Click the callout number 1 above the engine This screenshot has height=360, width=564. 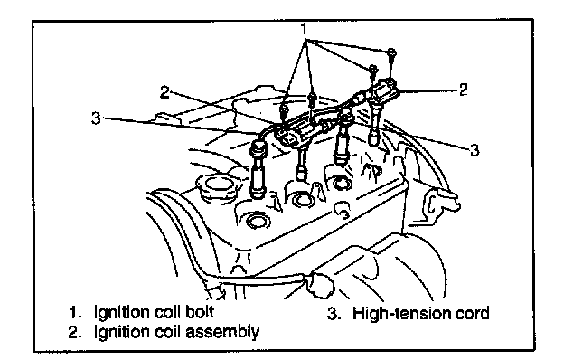click(x=305, y=29)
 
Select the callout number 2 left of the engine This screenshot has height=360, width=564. click(x=164, y=92)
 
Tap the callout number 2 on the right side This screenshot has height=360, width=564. click(x=464, y=90)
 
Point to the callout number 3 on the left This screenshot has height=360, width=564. click(x=96, y=118)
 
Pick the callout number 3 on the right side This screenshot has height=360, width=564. click(x=475, y=150)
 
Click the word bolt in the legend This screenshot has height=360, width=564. click(x=200, y=312)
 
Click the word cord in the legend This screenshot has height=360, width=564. click(x=472, y=313)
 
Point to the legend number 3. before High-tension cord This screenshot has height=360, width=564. click(x=334, y=314)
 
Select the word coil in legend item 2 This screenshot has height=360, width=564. click(x=167, y=332)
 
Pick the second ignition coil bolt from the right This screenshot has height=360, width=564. click(x=372, y=71)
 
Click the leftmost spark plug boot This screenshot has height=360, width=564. click(x=258, y=172)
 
